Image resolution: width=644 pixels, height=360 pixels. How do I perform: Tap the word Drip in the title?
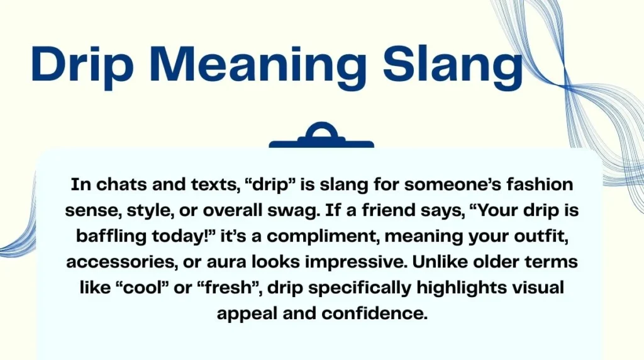pyautogui.click(x=79, y=65)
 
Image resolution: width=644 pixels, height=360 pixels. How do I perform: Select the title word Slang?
pyautogui.click(x=453, y=65)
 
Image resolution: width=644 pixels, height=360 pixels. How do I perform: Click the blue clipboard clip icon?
pyautogui.click(x=321, y=135)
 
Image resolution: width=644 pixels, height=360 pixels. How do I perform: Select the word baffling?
pyautogui.click(x=111, y=236)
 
